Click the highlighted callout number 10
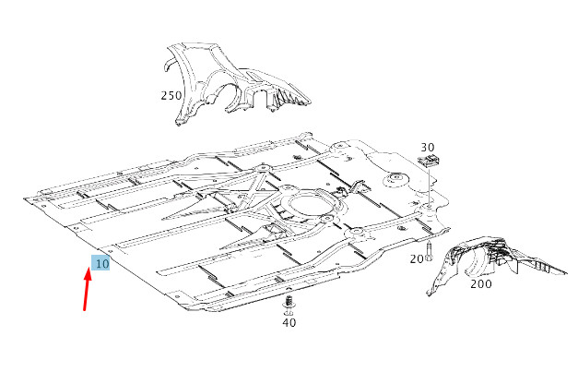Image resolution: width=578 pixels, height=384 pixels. [x=101, y=264]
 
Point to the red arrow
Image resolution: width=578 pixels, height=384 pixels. [x=87, y=289]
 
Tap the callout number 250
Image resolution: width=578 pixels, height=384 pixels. [x=171, y=96]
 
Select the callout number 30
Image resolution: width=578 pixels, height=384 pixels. [x=427, y=148]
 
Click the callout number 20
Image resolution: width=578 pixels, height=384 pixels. [x=417, y=259]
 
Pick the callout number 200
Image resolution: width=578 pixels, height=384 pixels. [x=481, y=284]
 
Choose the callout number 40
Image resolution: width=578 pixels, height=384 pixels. [x=289, y=322]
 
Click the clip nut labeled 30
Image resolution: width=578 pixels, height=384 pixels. [x=428, y=161]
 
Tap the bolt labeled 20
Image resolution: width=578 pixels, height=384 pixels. [x=429, y=251]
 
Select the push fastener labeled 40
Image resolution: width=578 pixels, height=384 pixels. [x=289, y=305]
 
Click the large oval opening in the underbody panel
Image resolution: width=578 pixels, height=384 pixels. [x=310, y=207]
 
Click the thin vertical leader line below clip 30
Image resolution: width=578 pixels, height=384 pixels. [x=429, y=186]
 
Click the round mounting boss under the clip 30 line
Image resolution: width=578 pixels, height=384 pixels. [x=428, y=210]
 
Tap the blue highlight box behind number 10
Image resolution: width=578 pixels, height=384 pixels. [x=100, y=262]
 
